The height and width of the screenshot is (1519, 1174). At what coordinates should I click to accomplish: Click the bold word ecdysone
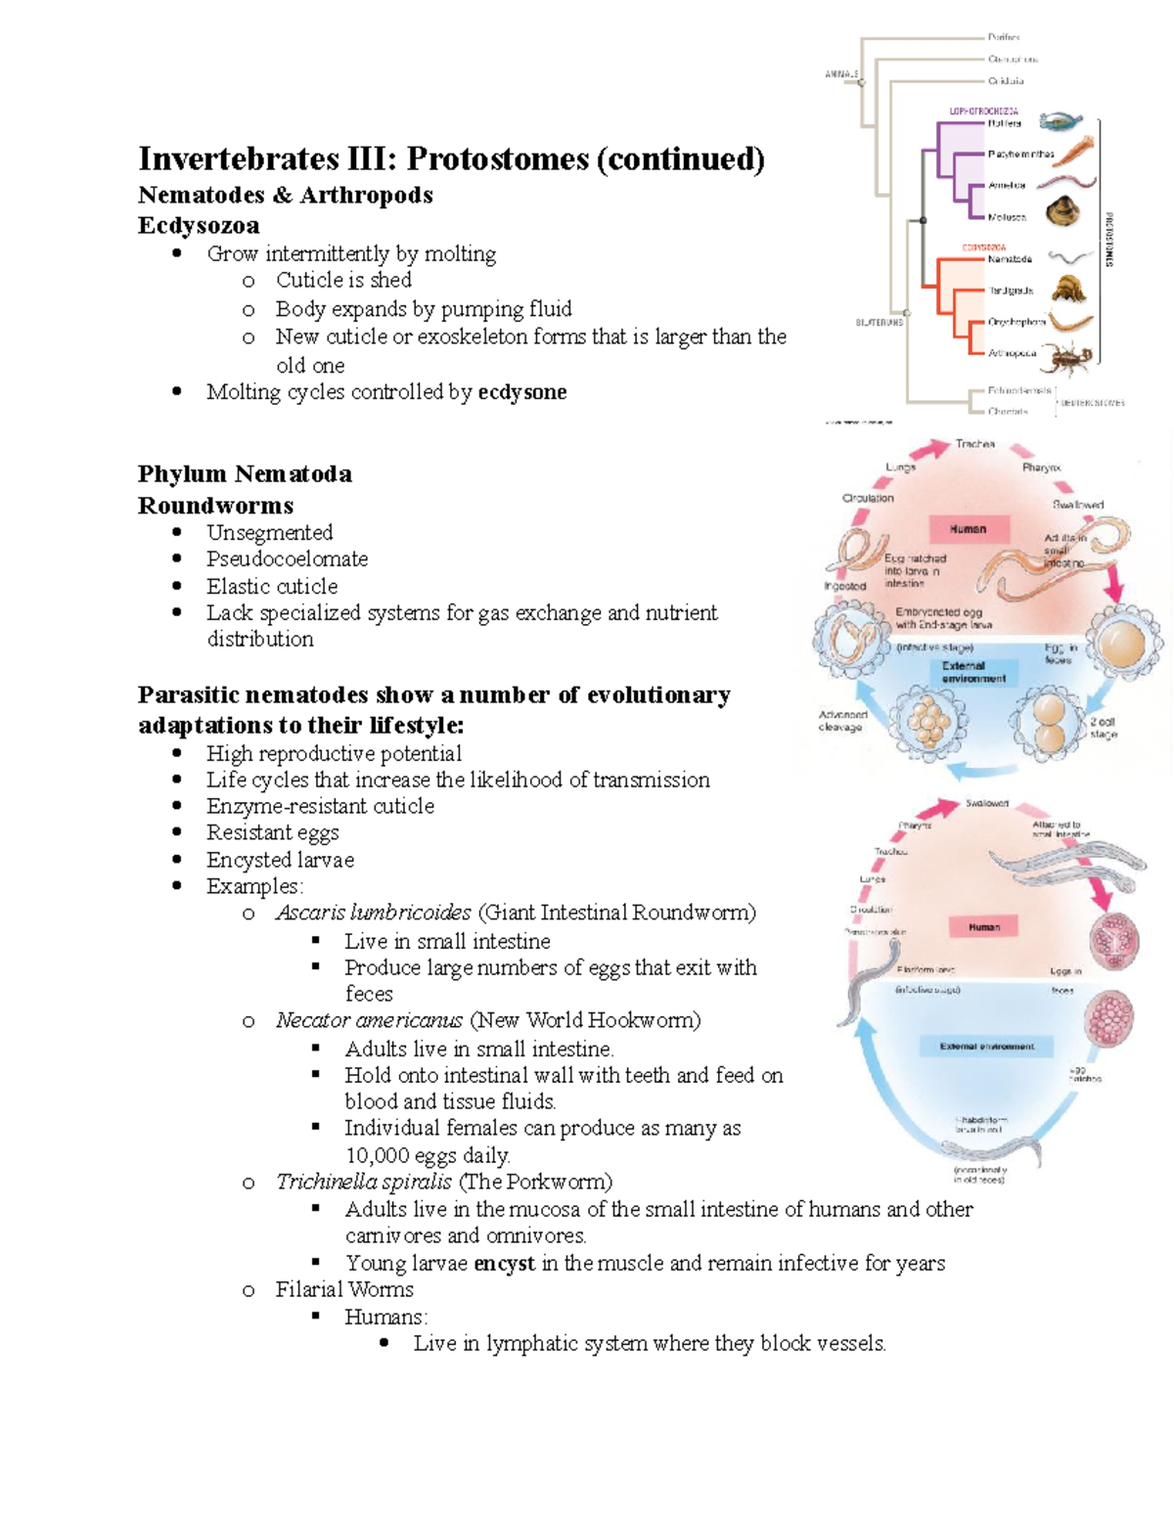tap(521, 392)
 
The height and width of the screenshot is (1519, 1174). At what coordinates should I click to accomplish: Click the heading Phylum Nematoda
tap(245, 474)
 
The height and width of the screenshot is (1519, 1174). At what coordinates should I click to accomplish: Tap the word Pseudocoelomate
tap(287, 558)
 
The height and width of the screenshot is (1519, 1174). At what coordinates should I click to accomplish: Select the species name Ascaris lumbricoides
tap(373, 913)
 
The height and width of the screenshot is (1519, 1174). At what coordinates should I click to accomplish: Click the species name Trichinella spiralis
tap(363, 1182)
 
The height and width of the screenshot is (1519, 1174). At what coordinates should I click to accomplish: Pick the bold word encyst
tap(504, 1263)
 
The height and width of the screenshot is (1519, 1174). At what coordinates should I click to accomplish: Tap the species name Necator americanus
tap(369, 1020)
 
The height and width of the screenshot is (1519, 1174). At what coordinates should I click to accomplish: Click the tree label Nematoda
tap(1010, 259)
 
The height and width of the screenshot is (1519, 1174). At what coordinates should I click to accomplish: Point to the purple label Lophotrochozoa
tap(983, 112)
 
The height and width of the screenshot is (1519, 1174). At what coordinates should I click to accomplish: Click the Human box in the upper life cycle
tap(968, 529)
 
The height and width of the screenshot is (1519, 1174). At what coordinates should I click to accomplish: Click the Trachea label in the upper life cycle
tap(974, 444)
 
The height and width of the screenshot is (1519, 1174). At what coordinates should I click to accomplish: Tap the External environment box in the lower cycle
tap(986, 1046)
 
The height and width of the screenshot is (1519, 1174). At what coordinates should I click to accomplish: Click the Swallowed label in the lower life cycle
tap(986, 803)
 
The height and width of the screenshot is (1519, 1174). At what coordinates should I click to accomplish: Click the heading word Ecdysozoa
tap(199, 225)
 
